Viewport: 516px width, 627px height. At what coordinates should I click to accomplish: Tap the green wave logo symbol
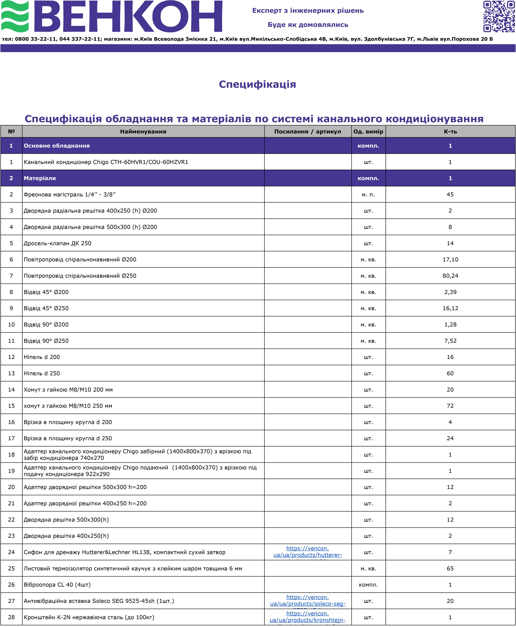click(x=15, y=16)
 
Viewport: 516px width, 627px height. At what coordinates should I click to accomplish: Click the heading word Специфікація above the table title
click(x=257, y=84)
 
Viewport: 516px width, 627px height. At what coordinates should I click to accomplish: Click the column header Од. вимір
click(x=368, y=131)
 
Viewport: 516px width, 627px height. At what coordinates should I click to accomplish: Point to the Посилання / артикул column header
click(x=308, y=131)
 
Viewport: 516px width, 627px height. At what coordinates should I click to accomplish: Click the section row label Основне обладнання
click(x=57, y=146)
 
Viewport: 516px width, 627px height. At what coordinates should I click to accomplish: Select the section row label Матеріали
click(x=40, y=178)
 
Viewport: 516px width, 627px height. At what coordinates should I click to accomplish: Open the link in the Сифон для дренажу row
click(x=308, y=552)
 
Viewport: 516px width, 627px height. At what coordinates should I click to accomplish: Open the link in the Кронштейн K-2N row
click(x=308, y=617)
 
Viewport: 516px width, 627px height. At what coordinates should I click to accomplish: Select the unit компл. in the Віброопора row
click(x=368, y=585)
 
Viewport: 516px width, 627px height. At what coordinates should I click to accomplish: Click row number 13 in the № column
click(x=11, y=373)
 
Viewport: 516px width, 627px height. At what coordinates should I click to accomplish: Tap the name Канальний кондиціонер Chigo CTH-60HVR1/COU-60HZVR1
click(x=106, y=162)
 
